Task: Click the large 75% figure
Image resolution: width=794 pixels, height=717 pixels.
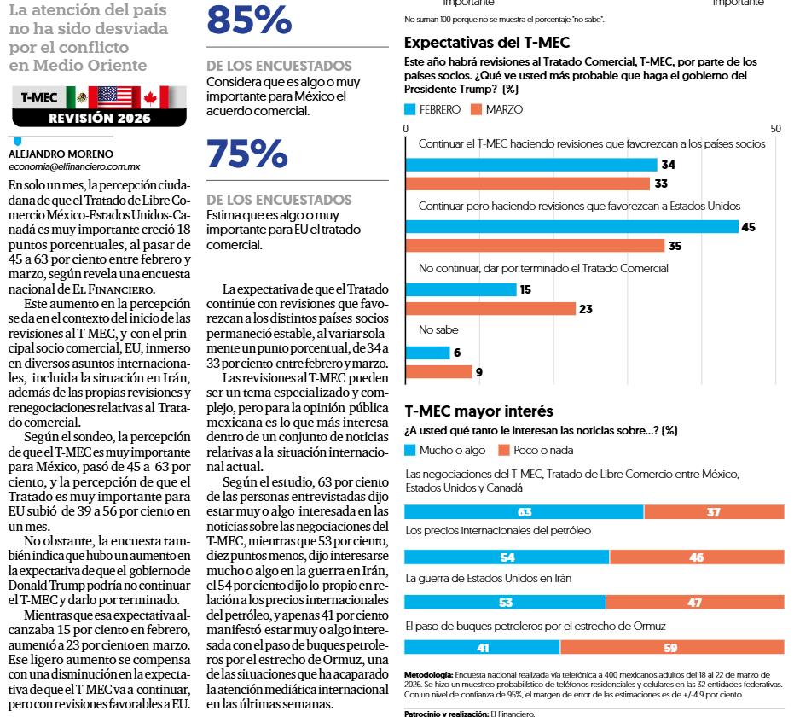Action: (247, 154)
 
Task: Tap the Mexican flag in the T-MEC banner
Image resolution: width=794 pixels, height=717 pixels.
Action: (76, 98)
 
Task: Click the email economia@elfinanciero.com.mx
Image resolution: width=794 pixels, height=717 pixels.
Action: (74, 167)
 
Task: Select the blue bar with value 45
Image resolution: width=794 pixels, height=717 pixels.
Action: (571, 226)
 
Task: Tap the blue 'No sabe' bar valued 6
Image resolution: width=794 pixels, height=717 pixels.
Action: (426, 353)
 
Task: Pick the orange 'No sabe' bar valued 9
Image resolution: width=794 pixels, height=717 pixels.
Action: (438, 372)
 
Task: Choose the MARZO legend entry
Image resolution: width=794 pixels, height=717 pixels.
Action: (497, 109)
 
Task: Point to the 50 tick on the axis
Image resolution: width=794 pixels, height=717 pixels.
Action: (775, 129)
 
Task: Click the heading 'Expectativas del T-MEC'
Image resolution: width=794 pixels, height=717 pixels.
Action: (487, 43)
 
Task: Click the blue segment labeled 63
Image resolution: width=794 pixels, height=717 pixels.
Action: (524, 512)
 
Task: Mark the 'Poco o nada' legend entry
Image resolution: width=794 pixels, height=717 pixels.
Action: (536, 450)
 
